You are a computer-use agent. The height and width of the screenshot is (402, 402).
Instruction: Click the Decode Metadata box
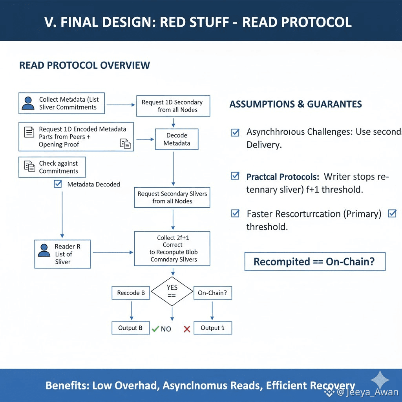coord(177,139)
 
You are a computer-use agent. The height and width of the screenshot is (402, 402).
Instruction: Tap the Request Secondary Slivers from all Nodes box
coord(172,197)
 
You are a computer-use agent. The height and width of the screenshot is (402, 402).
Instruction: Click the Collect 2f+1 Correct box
coord(172,249)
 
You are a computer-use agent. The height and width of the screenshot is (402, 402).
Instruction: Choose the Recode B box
coord(131,293)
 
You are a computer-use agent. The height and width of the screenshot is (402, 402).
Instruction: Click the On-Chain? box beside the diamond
coord(212,293)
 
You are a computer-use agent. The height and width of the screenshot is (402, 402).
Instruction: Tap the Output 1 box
coord(212,328)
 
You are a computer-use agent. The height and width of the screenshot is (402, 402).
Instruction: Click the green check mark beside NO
coord(155,329)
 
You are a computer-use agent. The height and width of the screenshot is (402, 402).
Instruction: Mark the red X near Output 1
coord(187,329)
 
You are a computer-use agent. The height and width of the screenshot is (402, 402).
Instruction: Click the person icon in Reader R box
coord(44,250)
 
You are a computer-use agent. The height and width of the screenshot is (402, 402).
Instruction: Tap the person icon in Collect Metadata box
coord(28,103)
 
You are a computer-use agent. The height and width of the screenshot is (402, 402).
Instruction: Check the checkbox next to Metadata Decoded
coord(58,184)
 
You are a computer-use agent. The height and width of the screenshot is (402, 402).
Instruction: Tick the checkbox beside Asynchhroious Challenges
coord(235,132)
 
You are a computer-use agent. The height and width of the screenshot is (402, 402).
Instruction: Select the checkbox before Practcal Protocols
coord(235,176)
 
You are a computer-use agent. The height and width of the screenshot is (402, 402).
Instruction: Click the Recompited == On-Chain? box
coord(315,261)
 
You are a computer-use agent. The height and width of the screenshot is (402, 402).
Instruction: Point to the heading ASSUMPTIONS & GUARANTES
coord(296,104)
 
